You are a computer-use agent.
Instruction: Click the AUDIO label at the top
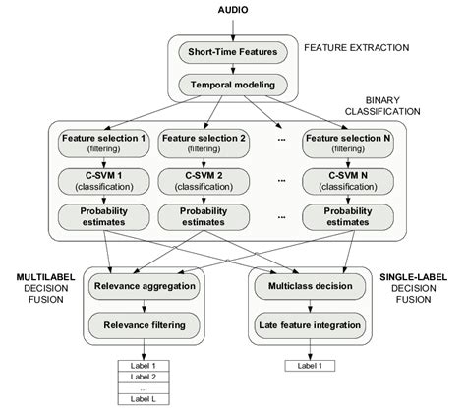point(234,9)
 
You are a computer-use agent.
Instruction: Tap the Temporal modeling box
point(234,86)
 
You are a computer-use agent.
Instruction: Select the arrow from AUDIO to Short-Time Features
point(234,27)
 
